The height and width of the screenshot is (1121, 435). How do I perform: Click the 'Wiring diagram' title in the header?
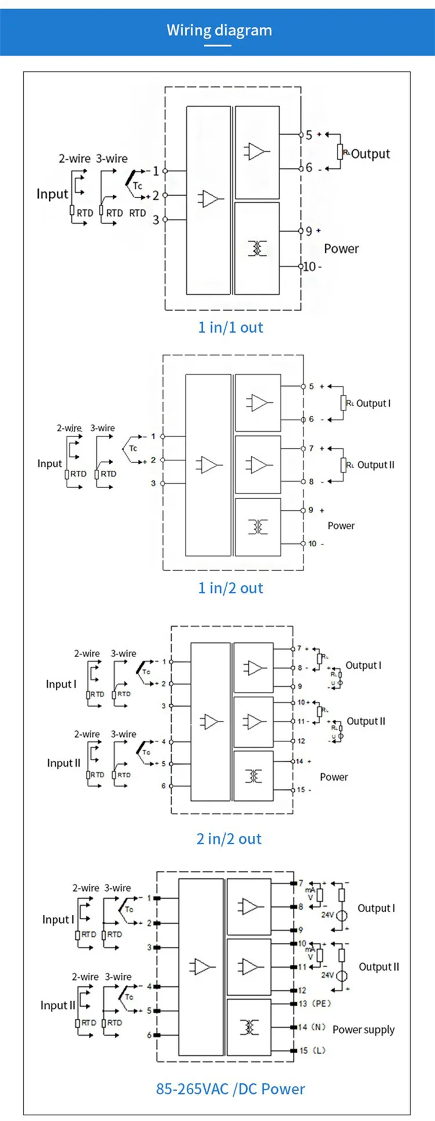[219, 30]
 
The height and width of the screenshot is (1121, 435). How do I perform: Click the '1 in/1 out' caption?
[230, 327]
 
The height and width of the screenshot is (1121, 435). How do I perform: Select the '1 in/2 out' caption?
[230, 588]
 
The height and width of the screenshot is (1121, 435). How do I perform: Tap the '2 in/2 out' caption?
[229, 839]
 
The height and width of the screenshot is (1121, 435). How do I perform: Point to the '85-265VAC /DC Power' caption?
[230, 1089]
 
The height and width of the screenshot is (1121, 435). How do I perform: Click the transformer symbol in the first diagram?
[257, 248]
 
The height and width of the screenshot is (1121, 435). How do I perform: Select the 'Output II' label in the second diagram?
[376, 465]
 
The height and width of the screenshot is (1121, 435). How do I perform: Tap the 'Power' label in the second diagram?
[341, 526]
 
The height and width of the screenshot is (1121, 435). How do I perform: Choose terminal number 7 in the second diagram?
[311, 448]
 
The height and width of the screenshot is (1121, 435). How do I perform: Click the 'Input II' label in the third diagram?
[64, 763]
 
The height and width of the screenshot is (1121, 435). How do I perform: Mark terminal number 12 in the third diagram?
[301, 741]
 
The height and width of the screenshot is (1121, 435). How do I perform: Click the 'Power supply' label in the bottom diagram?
[364, 1030]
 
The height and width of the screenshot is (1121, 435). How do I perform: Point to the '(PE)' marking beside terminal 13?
[321, 1004]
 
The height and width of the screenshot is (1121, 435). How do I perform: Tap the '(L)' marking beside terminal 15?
[319, 1051]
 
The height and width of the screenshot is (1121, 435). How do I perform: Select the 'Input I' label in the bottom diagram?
[58, 920]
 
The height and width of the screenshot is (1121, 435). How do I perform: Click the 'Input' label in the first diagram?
[52, 194]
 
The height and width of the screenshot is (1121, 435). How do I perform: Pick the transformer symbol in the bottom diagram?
[249, 1027]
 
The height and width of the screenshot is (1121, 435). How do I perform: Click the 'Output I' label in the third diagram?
[364, 665]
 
